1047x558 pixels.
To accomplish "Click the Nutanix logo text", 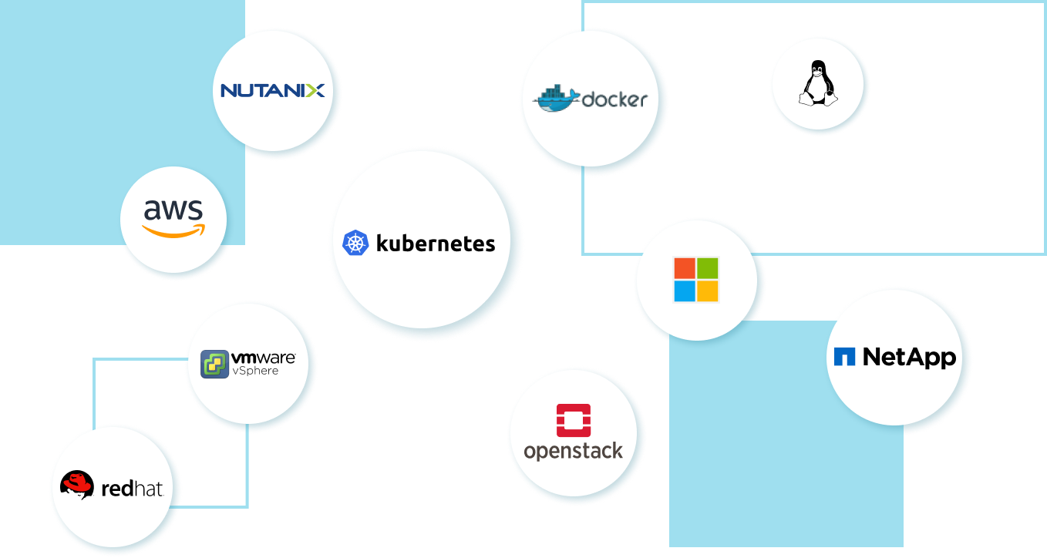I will point(272,91).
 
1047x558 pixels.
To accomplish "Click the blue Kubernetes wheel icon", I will point(355,244).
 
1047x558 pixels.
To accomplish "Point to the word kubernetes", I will point(436,244).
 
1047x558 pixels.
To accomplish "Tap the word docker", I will point(614,99).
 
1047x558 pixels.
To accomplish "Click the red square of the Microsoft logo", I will point(685,268).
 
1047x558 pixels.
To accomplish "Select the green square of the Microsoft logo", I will point(708,268).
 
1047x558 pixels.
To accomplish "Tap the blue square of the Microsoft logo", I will point(685,291).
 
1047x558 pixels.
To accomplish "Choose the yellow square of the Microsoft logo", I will point(708,291).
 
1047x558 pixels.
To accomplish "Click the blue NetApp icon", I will point(844,357).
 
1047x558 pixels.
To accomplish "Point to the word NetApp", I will point(909,357).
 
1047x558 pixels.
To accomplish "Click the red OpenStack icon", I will point(574,420).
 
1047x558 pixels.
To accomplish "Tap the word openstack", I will point(574,450).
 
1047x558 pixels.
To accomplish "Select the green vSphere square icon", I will point(214,365).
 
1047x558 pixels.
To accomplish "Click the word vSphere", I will point(256,371).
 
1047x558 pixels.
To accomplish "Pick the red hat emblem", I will point(77,485).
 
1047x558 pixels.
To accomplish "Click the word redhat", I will point(132,488).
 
